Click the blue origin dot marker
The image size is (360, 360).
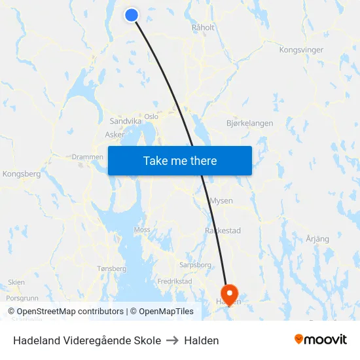click(x=132, y=14)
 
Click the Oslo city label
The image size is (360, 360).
click(x=151, y=117)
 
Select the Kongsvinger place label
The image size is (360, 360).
click(x=301, y=50)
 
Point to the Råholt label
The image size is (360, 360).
click(x=203, y=27)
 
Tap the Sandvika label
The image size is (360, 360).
click(x=125, y=121)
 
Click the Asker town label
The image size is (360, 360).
click(x=115, y=135)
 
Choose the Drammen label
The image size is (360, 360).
click(x=87, y=157)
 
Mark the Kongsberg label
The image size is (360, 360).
click(x=22, y=174)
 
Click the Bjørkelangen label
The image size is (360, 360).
click(x=249, y=123)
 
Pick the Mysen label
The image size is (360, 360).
click(x=221, y=201)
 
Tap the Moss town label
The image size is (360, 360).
click(x=142, y=230)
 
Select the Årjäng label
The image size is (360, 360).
click(x=317, y=239)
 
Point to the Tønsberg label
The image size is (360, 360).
click(x=111, y=268)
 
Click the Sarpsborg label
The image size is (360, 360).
click(x=195, y=265)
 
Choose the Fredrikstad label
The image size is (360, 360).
click(x=175, y=281)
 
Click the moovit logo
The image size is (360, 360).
click(x=320, y=340)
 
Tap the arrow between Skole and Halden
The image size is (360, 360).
click(x=172, y=340)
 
